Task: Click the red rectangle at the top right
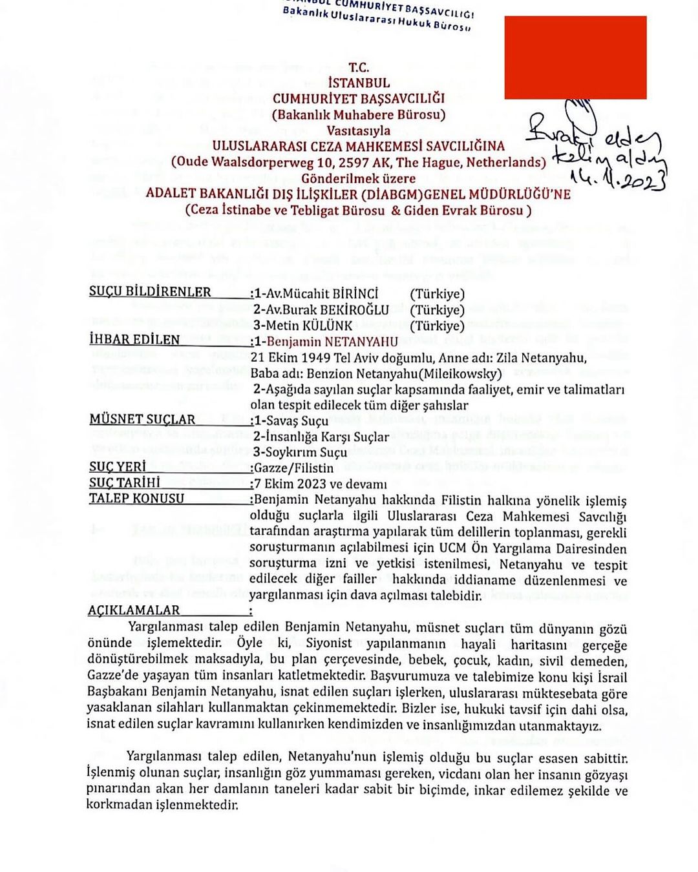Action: [575, 57]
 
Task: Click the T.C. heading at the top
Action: [359, 67]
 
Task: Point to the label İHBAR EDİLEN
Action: [134, 340]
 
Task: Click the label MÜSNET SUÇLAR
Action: [142, 420]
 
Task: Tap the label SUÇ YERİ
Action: [118, 467]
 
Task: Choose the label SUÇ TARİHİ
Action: [125, 483]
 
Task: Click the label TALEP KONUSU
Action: [136, 499]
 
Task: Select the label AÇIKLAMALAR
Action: [134, 610]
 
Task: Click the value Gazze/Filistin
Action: [294, 468]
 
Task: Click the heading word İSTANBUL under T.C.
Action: [359, 83]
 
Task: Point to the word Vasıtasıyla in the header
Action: [359, 130]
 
